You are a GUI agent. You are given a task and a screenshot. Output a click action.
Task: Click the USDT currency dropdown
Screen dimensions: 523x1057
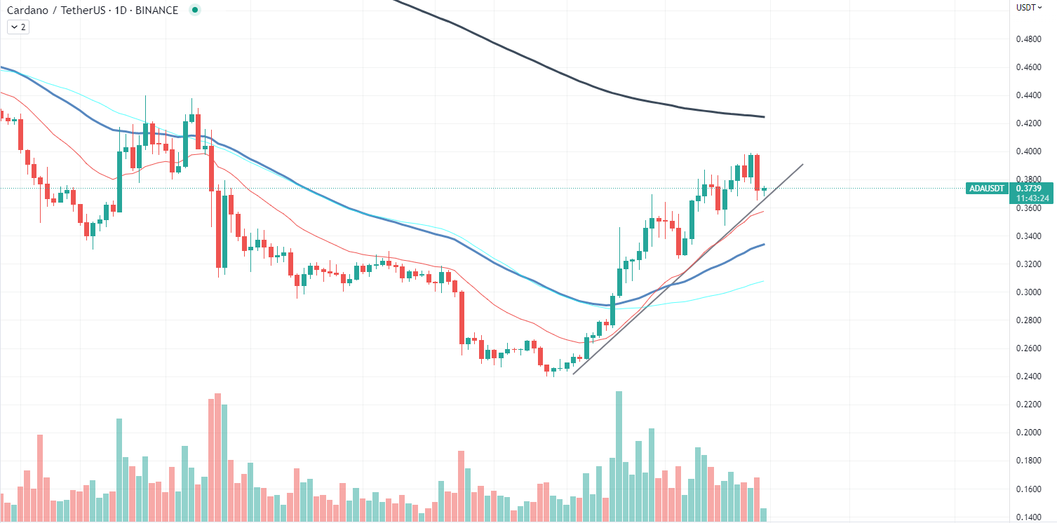(x=1030, y=8)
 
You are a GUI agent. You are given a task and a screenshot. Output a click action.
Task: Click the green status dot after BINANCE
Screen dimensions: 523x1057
(x=195, y=10)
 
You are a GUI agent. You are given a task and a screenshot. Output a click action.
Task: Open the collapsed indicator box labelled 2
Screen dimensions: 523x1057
(x=18, y=27)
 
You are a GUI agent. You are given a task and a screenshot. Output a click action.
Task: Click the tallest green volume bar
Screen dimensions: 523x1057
(x=619, y=456)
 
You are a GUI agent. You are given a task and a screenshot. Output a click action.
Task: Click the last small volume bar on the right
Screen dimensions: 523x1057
(x=763, y=515)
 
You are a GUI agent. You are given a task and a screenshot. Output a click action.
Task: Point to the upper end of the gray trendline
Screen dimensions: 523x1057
(x=802, y=165)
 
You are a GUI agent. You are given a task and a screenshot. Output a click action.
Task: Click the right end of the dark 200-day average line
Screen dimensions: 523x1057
(x=763, y=116)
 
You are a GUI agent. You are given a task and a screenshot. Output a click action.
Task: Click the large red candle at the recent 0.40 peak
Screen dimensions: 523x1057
(x=758, y=172)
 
